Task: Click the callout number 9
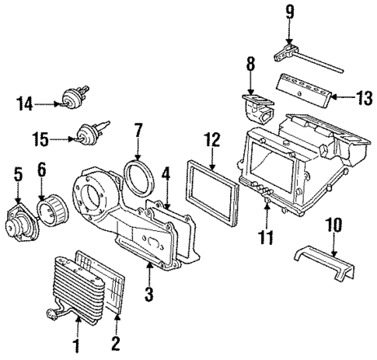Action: [289, 12]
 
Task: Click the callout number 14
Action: [25, 102]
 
